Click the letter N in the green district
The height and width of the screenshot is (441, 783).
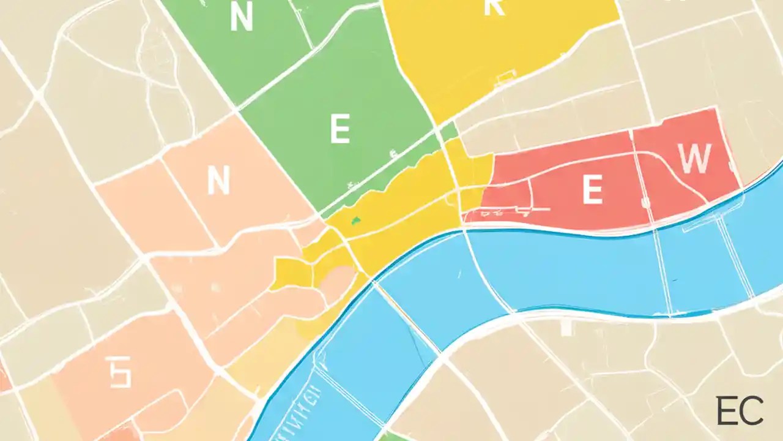[x=241, y=18]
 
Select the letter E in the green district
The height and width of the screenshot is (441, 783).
[x=340, y=130]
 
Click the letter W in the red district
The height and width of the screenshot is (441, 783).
[x=696, y=159]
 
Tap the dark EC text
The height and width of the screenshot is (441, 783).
[x=740, y=411]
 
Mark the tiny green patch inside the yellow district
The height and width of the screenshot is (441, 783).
[x=355, y=219]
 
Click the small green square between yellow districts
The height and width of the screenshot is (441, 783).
[x=449, y=131]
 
